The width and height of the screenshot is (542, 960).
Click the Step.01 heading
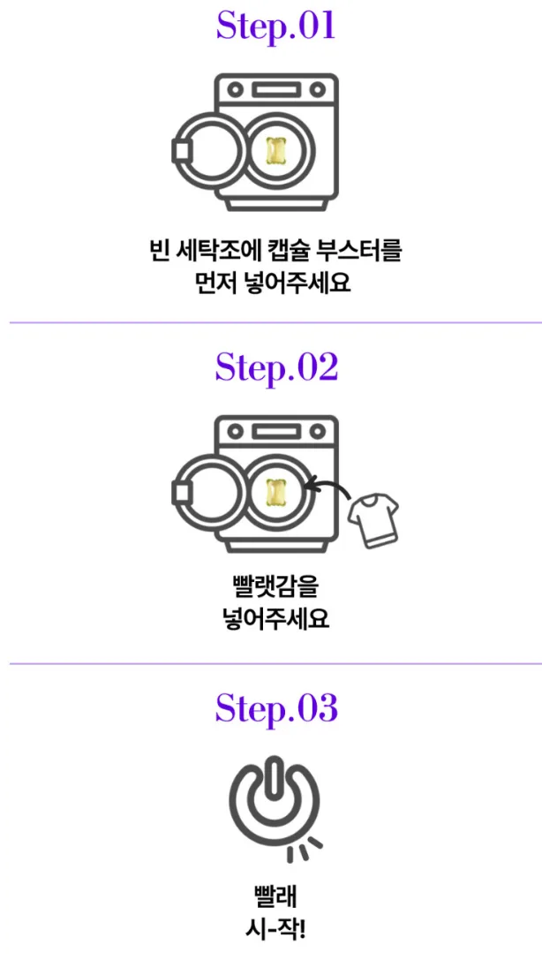[275, 27]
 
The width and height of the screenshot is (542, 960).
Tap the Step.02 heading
[275, 368]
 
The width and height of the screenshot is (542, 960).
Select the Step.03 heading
[276, 708]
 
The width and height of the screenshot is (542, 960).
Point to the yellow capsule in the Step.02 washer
[276, 492]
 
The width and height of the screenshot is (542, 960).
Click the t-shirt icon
[373, 520]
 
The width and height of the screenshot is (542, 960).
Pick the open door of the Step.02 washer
[174, 493]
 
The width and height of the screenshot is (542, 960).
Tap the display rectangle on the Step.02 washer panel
[276, 432]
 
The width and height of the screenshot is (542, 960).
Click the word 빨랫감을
[276, 591]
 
